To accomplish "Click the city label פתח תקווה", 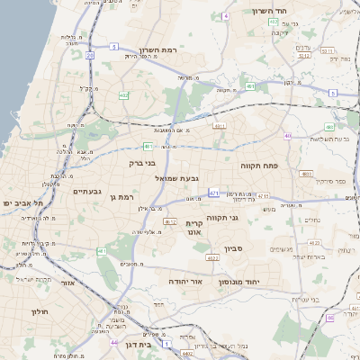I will (262, 166).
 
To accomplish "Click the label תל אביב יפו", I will (22, 203).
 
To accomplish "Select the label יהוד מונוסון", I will (264, 282).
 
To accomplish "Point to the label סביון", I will (259, 247).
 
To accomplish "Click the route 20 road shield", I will (90, 56).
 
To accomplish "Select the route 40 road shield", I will (288, 136).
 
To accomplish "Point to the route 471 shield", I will (213, 193).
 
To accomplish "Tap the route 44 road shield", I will (113, 342).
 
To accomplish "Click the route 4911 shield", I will (219, 127).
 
